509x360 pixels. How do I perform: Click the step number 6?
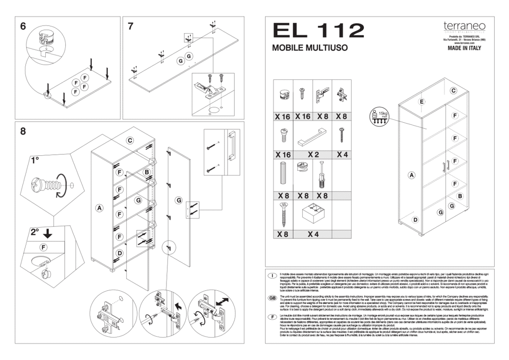click(x=23, y=26)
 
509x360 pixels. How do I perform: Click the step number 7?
click(x=131, y=26)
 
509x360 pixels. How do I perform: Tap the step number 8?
click(x=23, y=131)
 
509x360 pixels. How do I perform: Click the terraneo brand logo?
click(x=464, y=26)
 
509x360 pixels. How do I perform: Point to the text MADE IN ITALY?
click(x=464, y=49)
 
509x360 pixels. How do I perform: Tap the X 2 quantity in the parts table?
click(x=314, y=154)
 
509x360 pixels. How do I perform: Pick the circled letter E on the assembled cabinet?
click(x=421, y=102)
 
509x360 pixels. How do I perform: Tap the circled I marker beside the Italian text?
click(x=272, y=275)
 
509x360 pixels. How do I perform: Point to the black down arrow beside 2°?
click(x=47, y=234)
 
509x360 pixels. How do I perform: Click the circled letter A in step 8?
click(x=100, y=208)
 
